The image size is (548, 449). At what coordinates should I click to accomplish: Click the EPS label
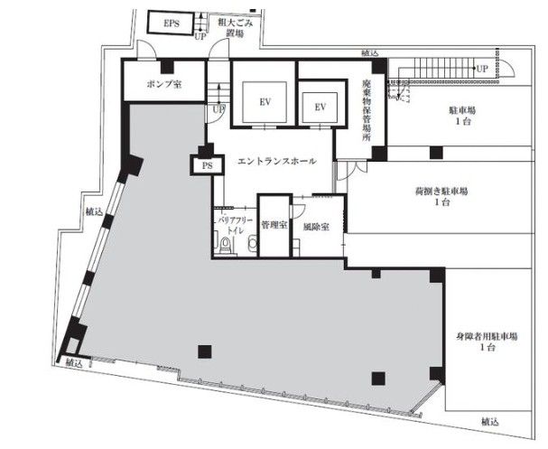pyautogui.click(x=172, y=23)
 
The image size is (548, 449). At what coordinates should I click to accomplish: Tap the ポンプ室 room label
pyautogui.click(x=164, y=84)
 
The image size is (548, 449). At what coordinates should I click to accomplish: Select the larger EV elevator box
pyautogui.click(x=265, y=102)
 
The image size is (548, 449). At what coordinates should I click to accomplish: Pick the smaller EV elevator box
pyautogui.click(x=320, y=108)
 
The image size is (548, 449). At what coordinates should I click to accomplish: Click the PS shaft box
pyautogui.click(x=207, y=165)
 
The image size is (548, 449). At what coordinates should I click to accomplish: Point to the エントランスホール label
pyautogui.click(x=277, y=161)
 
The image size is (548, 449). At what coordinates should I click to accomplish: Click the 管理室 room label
pyautogui.click(x=274, y=225)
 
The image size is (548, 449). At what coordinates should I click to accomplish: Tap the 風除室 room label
pyautogui.click(x=316, y=227)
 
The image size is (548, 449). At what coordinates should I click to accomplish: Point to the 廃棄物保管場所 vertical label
pyautogui.click(x=366, y=110)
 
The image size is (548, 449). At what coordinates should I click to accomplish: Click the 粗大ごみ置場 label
pyautogui.click(x=235, y=28)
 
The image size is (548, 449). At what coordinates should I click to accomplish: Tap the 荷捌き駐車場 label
pyautogui.click(x=441, y=197)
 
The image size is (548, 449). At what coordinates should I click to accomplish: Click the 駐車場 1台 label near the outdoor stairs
pyautogui.click(x=462, y=116)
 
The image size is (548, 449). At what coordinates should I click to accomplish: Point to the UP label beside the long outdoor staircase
pyautogui.click(x=482, y=69)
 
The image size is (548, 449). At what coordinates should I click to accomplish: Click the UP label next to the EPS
pyautogui.click(x=200, y=36)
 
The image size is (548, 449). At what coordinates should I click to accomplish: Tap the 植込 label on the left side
pyautogui.click(x=95, y=211)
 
